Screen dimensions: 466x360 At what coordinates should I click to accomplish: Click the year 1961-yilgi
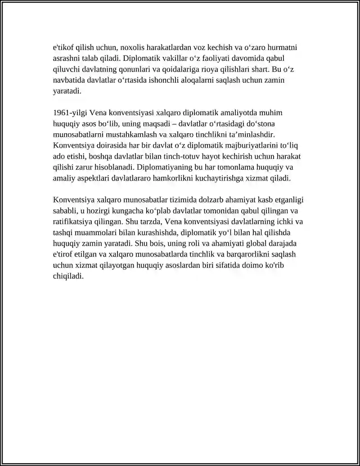69,113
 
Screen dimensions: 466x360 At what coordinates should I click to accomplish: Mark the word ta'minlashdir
252,135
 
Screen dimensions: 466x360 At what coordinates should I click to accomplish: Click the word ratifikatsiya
73,222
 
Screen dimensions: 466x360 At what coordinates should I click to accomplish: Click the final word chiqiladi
68,276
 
